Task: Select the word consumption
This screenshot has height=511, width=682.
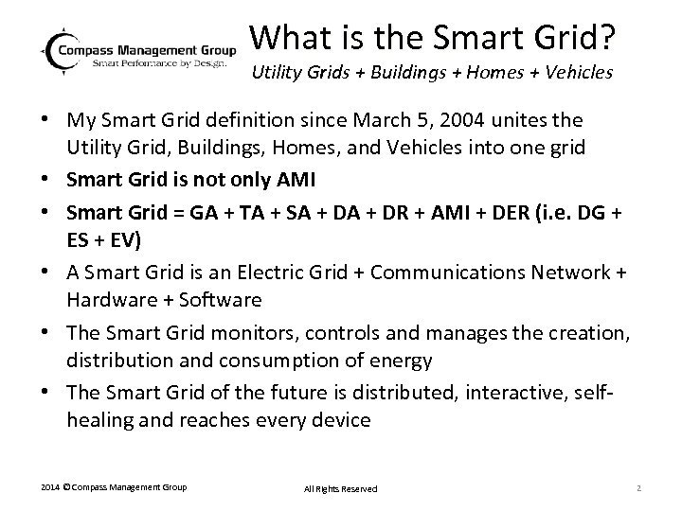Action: [290, 360]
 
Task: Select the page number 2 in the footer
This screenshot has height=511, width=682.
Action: [640, 487]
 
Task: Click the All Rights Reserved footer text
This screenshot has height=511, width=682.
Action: [340, 488]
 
